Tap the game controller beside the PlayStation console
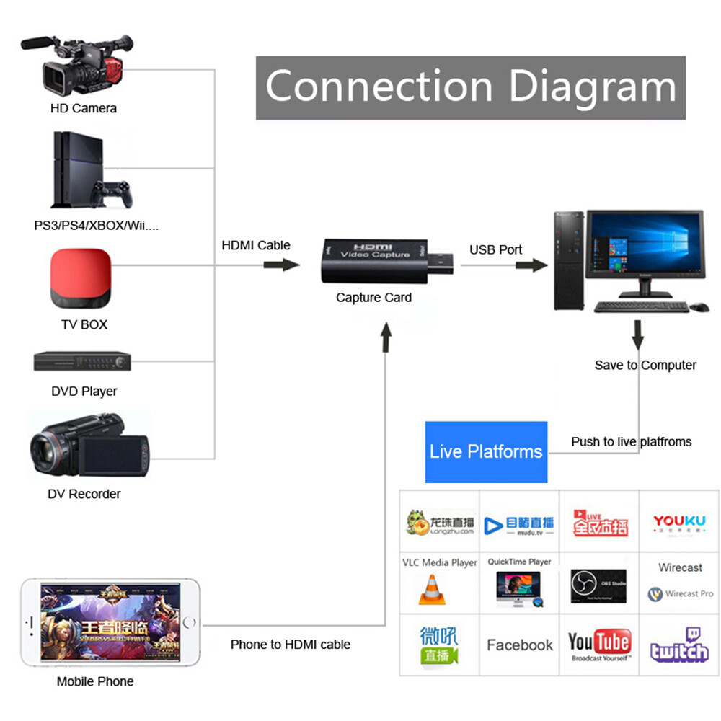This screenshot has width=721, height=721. tap(112, 194)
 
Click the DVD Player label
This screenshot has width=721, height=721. tap(84, 392)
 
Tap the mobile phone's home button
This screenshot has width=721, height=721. tap(189, 622)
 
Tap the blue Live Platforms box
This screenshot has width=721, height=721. tap(486, 452)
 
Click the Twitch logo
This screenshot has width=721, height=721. tap(678, 645)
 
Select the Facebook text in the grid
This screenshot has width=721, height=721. tap(520, 645)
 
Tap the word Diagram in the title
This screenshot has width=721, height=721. tap(593, 87)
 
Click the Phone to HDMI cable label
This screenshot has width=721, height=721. tap(291, 645)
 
